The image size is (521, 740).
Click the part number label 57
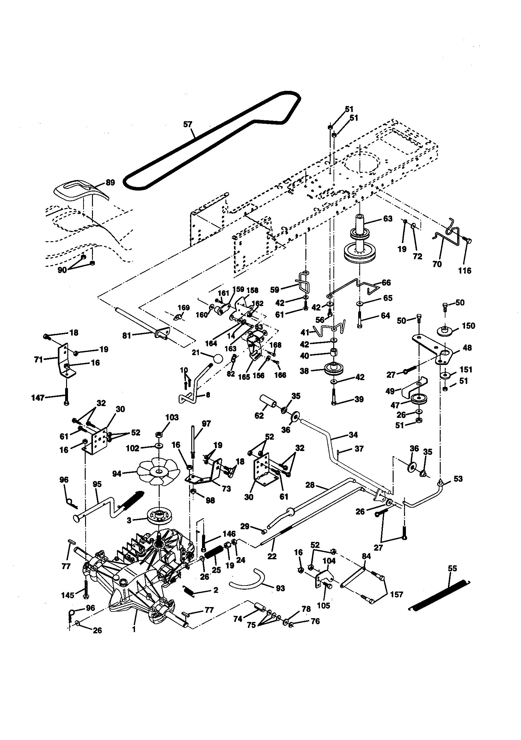point(187,124)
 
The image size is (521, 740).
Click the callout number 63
point(388,219)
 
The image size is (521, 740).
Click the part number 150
point(468,325)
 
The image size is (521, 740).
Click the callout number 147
point(37,398)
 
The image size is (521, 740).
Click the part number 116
point(465,271)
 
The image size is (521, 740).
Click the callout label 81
point(127,336)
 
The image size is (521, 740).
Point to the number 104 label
point(329,561)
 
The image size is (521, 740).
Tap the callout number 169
point(184,307)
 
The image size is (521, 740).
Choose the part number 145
point(68,595)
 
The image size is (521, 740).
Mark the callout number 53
point(458,479)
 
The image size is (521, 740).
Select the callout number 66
point(386,283)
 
